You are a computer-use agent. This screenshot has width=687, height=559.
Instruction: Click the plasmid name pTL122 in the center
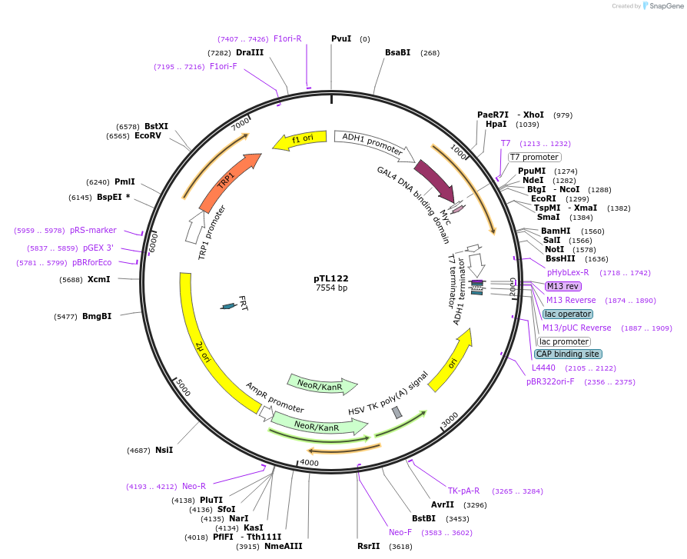pos(330,278)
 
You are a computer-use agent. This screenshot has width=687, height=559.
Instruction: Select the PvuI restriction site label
pos(341,38)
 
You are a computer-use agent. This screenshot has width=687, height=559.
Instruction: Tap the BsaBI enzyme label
pos(397,52)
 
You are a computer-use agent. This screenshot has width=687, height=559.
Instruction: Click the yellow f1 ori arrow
pos(299,139)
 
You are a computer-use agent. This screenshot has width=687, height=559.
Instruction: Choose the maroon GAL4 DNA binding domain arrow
pos(434,181)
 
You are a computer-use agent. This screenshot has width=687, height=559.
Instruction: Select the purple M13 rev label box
pos(563,286)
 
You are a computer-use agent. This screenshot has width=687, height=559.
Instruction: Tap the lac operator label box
pos(567,314)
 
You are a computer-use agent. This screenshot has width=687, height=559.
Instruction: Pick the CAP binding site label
pos(567,354)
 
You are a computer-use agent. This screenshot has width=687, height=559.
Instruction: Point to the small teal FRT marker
pos(228,306)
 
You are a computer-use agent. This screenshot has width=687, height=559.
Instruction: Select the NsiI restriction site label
pos(164,450)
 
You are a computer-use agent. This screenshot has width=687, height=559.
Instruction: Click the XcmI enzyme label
pos(98,279)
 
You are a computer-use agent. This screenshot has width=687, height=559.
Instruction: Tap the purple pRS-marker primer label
pos(93,230)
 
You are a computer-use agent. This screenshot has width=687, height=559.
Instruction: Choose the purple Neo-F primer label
pos(400,532)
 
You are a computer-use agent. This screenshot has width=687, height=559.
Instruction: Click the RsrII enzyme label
pos(368,546)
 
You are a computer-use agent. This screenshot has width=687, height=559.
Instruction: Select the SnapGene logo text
pos(666,6)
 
